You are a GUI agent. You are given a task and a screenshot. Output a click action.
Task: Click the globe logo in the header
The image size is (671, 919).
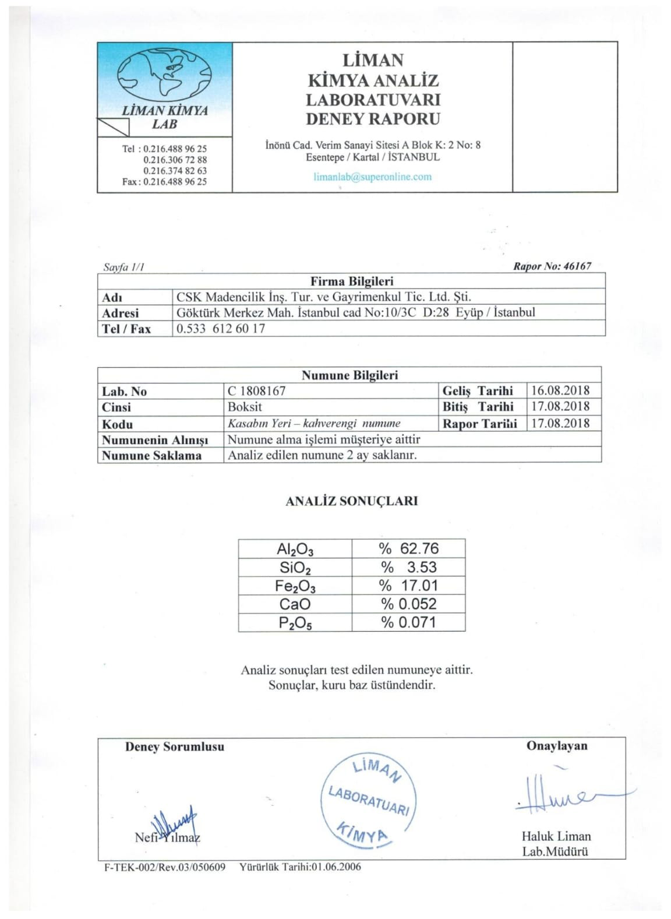pyautogui.click(x=164, y=74)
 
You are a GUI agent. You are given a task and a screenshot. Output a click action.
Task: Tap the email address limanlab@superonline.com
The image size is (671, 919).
pyautogui.click(x=373, y=177)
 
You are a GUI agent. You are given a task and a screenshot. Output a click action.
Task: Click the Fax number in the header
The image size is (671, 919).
pyautogui.click(x=164, y=182)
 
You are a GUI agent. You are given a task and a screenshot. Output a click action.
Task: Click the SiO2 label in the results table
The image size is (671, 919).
pyautogui.click(x=295, y=568)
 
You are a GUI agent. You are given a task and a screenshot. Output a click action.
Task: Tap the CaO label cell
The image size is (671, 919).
pyautogui.click(x=295, y=604)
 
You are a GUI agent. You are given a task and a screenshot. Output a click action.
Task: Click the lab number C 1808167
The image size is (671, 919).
pyautogui.click(x=257, y=391)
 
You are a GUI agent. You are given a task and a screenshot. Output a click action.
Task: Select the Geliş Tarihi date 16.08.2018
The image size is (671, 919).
pyautogui.click(x=560, y=390)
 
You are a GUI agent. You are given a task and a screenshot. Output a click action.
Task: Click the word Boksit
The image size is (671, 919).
pyautogui.click(x=245, y=407)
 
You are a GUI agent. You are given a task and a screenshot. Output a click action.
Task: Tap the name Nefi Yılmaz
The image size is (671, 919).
pyautogui.click(x=167, y=837)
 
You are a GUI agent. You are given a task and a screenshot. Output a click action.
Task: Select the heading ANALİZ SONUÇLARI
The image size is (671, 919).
pyautogui.click(x=351, y=501)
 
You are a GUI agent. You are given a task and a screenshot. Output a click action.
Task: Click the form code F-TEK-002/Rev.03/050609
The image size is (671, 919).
pyautogui.click(x=165, y=867)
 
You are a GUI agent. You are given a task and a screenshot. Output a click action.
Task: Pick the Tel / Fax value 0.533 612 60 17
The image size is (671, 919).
pyautogui.click(x=221, y=329)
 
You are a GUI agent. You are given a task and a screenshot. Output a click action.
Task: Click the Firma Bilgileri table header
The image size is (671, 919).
pyautogui.click(x=352, y=281)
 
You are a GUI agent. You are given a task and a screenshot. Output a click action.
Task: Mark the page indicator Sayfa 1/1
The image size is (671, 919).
pyautogui.click(x=123, y=267)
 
